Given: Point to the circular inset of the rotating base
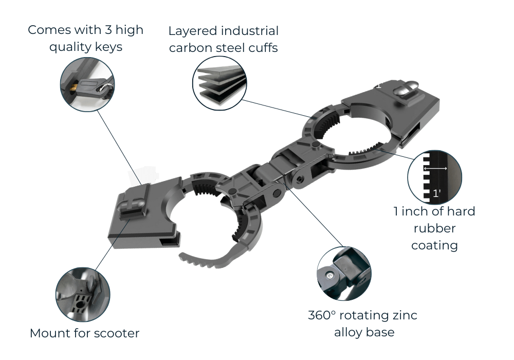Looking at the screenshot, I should (x=344, y=273).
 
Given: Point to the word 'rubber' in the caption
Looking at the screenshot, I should (x=434, y=228).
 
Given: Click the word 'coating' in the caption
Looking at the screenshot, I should (x=434, y=245).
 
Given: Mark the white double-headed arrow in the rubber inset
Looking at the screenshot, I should (x=435, y=168).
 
